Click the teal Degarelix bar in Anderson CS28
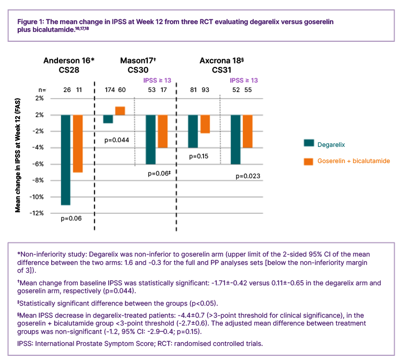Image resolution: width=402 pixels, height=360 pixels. [66, 160]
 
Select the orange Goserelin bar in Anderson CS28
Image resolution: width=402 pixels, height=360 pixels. [78, 144]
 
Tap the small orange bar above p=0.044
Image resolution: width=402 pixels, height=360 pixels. [120, 111]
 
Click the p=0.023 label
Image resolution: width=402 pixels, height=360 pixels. [248, 176]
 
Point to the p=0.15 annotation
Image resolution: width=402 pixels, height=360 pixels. [198, 156]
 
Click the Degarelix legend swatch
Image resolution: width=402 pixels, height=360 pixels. [308, 144]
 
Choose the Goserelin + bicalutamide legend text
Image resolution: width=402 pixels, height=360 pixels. [353, 161]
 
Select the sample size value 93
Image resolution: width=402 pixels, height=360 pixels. [205, 89]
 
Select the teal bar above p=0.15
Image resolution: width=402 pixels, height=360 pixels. [193, 131]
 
